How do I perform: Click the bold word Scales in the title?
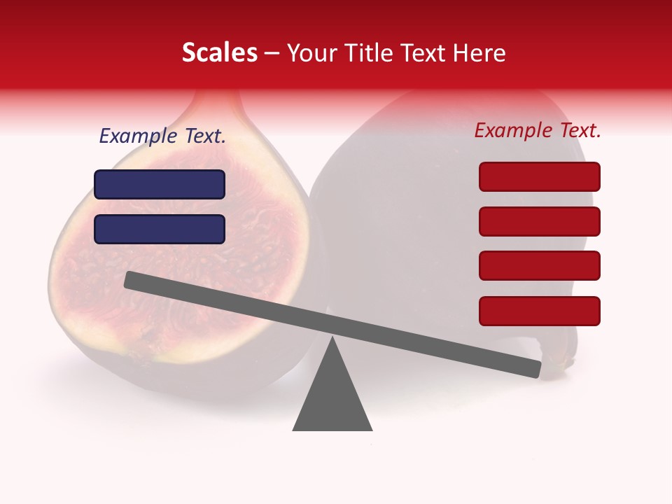[219, 52]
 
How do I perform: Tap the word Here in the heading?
[479, 52]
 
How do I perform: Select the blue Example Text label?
[162, 136]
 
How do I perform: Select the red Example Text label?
[538, 130]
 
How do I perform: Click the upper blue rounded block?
[160, 184]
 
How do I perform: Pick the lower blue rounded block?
[160, 229]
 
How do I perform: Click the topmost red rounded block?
[539, 176]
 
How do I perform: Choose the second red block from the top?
[539, 221]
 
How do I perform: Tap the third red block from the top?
[539, 265]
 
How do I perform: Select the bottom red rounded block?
[539, 311]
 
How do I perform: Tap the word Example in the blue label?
[138, 136]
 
